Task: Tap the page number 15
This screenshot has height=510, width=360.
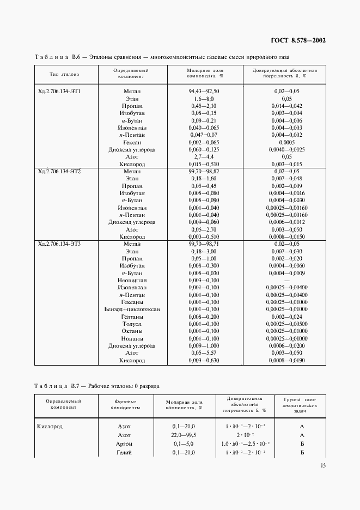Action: click(323, 465)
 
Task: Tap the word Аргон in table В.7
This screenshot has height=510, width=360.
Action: click(124, 444)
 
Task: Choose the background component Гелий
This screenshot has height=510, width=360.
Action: click(124, 453)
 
